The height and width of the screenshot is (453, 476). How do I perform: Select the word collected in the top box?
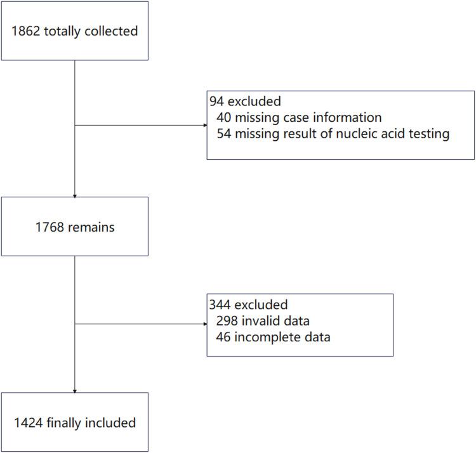point(112,30)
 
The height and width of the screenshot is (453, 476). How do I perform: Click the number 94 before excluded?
point(216,101)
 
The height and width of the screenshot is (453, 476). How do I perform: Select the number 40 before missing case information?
point(224,117)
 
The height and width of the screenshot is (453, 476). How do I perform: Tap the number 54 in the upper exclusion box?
point(224,134)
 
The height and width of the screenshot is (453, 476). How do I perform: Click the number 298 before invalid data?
point(227,320)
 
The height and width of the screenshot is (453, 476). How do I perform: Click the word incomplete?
point(267,337)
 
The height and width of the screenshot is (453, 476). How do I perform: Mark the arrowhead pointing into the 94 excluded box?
point(204,125)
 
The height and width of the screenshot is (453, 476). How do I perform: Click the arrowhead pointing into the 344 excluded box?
point(204,324)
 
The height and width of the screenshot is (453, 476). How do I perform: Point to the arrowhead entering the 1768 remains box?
point(75,195)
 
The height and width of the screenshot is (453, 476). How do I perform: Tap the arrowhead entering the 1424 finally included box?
point(75,390)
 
